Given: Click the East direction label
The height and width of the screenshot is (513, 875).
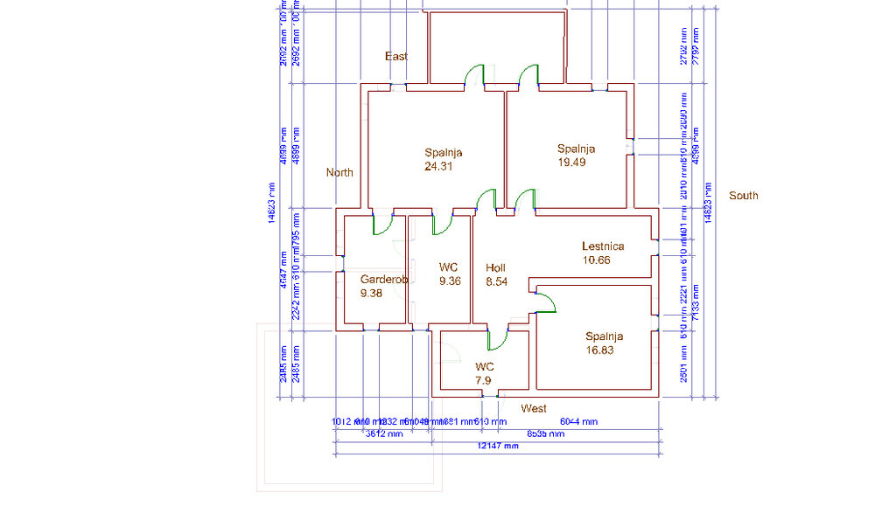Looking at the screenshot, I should point(396,56).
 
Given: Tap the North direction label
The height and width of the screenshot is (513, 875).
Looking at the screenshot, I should point(339,172).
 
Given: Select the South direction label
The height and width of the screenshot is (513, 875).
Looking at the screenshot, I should point(743,196).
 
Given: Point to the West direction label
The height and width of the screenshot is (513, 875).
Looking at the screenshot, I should point(533,408).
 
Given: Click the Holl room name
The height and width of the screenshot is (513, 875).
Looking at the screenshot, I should point(495,268).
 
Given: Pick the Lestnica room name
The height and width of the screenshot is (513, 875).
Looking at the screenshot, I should point(603,246).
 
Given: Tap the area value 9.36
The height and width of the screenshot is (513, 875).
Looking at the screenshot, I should point(450,281).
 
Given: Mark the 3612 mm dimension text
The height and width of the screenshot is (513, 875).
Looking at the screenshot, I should point(383,433).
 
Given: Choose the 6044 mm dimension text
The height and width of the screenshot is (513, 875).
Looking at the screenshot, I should point(578,421).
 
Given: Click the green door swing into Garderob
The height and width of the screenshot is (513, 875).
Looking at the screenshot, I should point(383,225).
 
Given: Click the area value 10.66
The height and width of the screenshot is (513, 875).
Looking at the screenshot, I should point(596,260).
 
